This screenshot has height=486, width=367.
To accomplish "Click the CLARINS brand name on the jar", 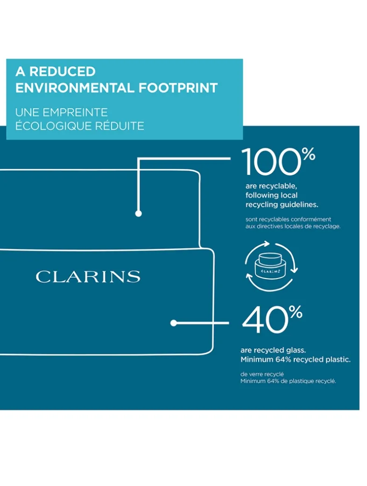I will point(88,277).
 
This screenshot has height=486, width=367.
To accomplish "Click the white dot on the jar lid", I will point(138,214).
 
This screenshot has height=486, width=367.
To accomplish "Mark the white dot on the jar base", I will point(173,323).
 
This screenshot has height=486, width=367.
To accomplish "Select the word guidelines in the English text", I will point(298,205).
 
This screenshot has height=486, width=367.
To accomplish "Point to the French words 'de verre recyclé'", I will point(262,374).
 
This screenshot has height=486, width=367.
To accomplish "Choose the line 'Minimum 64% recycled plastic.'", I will point(295,360).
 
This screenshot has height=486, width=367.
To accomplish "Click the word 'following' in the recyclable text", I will point(261,195).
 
